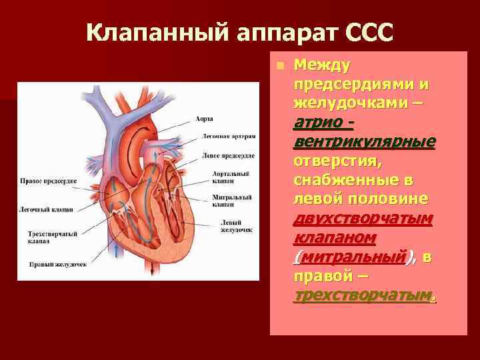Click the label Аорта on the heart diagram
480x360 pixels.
click(205, 119)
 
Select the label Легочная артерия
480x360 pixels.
click(229, 136)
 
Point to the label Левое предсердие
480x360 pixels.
click(228, 155)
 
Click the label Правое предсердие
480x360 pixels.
click(48, 181)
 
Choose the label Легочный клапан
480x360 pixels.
click(45, 209)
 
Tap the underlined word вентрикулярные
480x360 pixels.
click(364, 142)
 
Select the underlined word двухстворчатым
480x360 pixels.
click(363, 219)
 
